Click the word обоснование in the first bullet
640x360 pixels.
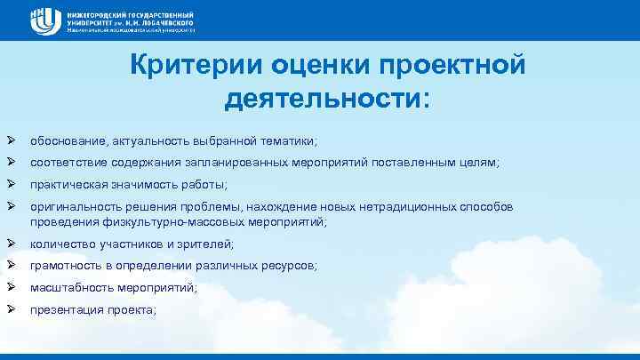pos(66,140)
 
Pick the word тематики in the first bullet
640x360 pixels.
pos(289,140)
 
